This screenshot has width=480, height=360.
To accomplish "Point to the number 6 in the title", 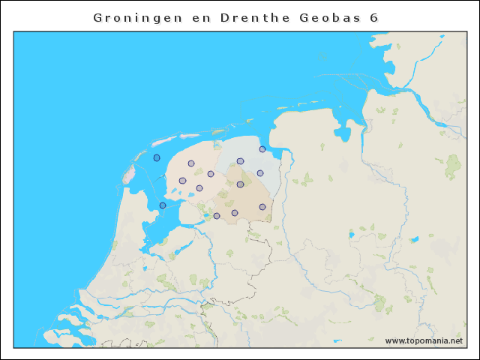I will pos(373,16).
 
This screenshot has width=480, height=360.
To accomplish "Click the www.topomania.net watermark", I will pos(424,340).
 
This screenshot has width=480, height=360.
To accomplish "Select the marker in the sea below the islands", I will pos(157,157).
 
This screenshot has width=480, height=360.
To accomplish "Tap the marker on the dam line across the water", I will pos(163,205).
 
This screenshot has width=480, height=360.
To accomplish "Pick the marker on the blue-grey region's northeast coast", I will pos(262,148).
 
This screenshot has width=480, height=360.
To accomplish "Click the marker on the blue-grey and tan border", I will pos(240,184).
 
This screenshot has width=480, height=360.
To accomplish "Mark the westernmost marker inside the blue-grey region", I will pos(240,161).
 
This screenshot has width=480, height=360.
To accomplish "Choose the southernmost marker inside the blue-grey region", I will pos(260,173).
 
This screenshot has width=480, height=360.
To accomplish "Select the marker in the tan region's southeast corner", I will pos(262,207).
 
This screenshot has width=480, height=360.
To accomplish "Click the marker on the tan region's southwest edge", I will pos(217,216).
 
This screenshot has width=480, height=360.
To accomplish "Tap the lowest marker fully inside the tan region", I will pos(235,213).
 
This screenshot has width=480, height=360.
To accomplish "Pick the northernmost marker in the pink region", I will pos(191,163).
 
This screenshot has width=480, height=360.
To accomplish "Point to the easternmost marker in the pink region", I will pos(211,174).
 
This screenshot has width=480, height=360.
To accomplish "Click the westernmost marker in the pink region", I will pos(182,181).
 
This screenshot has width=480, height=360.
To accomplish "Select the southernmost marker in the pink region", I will pos(199,188).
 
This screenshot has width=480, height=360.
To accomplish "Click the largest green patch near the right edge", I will pos(453,166).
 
